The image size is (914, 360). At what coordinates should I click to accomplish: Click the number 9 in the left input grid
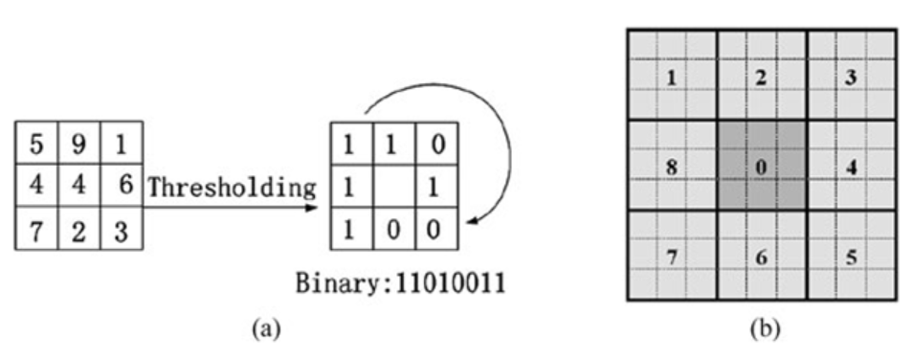click(x=79, y=146)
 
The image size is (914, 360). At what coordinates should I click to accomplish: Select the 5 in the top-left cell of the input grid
click(x=36, y=146)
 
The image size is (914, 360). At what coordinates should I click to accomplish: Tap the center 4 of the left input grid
click(x=79, y=184)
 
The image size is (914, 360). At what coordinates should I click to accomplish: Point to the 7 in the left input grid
click(x=36, y=229)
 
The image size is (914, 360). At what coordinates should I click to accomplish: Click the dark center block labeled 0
click(x=761, y=167)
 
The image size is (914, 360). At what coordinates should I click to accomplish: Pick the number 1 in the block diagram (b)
click(x=671, y=78)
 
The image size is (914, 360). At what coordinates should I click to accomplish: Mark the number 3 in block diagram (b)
click(x=850, y=78)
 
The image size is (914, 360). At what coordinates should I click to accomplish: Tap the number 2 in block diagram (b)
click(x=761, y=78)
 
